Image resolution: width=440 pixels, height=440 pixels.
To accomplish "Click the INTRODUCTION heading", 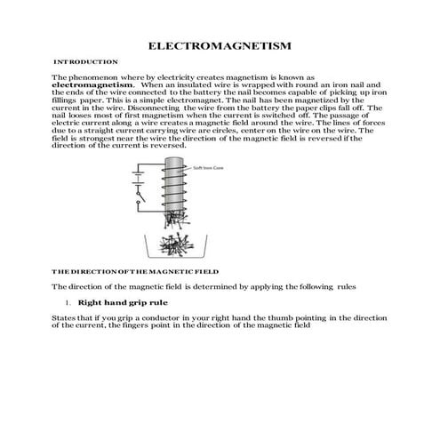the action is (86, 62).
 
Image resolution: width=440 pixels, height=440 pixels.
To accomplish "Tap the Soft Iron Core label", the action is (206, 167).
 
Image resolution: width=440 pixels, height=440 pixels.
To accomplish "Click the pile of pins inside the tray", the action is (173, 244).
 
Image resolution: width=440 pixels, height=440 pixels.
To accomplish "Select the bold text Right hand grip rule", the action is (123, 303).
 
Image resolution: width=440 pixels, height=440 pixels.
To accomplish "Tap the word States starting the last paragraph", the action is (63, 316).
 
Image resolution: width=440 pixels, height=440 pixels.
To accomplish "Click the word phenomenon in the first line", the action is (100, 78).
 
